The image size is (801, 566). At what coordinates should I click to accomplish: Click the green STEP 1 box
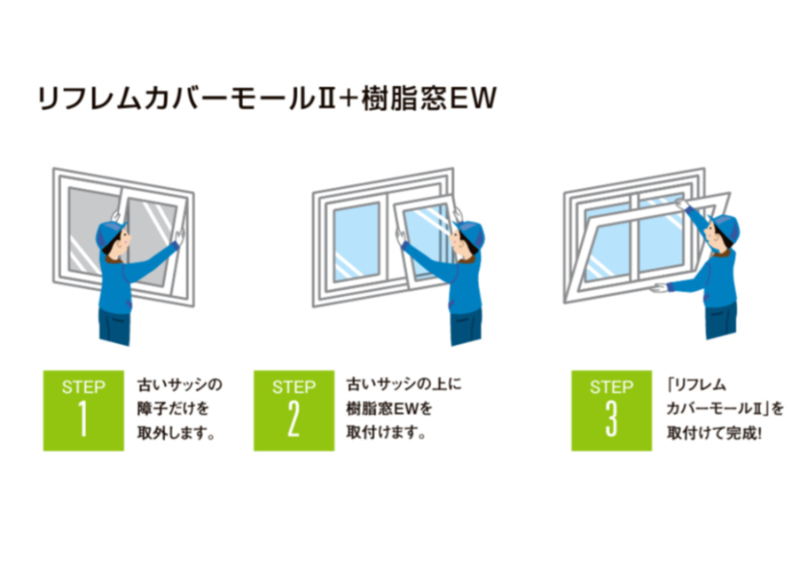[84, 411]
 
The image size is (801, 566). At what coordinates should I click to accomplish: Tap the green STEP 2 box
[294, 411]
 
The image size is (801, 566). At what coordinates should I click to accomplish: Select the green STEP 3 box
[612, 411]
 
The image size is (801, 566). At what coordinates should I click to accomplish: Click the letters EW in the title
[473, 98]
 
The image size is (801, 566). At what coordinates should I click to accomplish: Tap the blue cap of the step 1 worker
[110, 234]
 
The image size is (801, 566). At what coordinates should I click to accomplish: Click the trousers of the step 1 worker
[115, 326]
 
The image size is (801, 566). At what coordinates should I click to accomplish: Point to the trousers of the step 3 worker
[720, 320]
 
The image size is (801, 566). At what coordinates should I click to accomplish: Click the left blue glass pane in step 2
[356, 242]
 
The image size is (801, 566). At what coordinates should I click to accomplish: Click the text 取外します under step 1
[176, 433]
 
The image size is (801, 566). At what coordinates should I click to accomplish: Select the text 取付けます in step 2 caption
[386, 433]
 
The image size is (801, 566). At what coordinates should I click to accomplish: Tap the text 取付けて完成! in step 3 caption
[714, 433]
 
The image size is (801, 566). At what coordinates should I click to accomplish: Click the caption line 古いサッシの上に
[404, 385]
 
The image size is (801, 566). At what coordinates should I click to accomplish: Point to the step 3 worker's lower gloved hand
[659, 287]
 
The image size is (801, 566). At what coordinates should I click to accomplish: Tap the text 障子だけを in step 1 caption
[173, 409]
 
